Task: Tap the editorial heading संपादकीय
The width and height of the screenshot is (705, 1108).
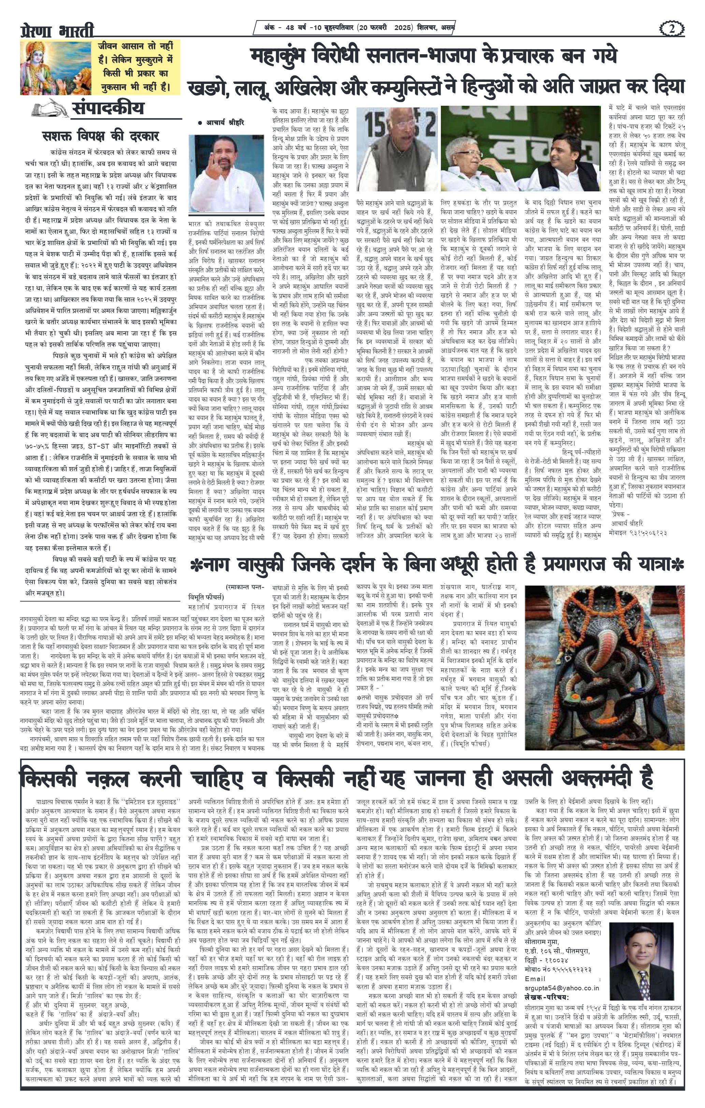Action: pyautogui.click(x=108, y=108)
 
